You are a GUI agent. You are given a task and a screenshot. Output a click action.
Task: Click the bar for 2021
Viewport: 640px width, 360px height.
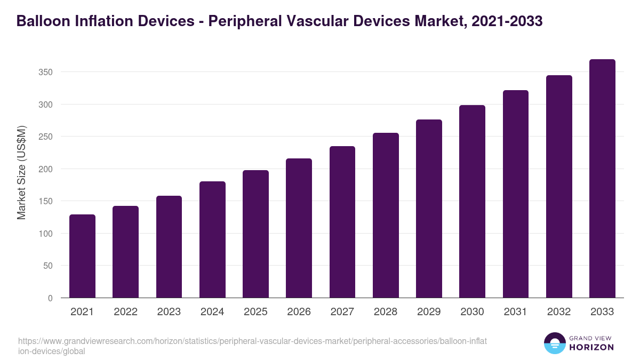[x=82, y=257]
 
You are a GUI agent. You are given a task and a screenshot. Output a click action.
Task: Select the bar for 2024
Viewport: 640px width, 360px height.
[x=212, y=240]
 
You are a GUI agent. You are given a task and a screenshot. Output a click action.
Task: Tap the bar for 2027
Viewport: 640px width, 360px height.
[x=342, y=222]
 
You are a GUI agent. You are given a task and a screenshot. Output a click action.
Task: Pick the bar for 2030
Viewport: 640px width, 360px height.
[x=472, y=202]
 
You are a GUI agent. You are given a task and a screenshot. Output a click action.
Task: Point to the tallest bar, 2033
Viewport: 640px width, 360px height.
[x=602, y=179]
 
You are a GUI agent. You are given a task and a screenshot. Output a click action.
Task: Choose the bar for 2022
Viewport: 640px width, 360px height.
[x=125, y=252]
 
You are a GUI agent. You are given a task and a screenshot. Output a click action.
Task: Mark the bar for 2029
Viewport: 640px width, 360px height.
[x=429, y=209]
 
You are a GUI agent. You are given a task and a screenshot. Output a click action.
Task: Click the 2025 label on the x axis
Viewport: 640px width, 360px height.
[x=255, y=312]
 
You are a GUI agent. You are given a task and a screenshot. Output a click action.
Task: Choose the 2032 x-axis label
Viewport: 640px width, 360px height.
[x=559, y=312]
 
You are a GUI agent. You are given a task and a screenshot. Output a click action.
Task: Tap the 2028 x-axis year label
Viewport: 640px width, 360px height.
[x=386, y=312]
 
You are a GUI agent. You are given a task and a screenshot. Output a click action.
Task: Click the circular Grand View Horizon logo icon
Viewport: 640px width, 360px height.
[x=555, y=343]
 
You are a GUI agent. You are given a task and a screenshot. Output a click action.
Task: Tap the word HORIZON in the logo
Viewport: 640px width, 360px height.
[x=592, y=347]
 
